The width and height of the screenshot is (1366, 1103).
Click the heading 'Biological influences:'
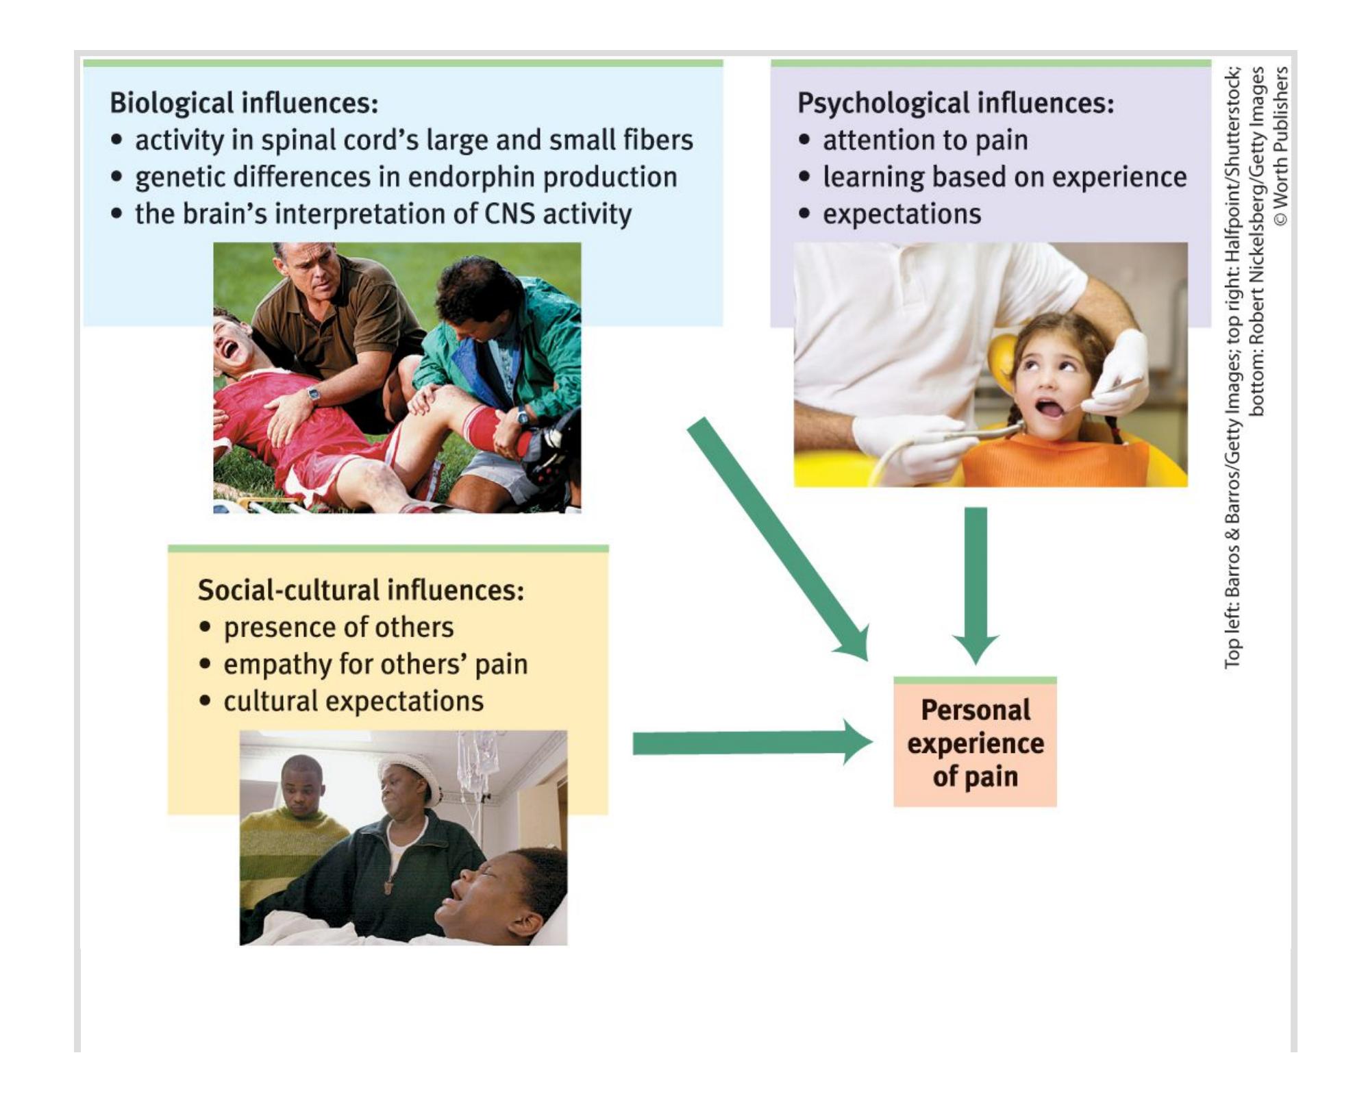(x=244, y=103)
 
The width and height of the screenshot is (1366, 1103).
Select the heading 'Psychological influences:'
(x=955, y=103)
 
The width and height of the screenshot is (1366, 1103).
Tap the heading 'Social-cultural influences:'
(x=361, y=590)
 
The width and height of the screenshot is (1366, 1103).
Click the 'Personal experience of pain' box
(x=974, y=743)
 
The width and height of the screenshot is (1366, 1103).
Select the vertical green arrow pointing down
(x=976, y=582)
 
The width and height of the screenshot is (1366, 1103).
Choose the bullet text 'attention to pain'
(x=925, y=140)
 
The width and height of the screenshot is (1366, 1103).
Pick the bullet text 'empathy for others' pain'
(x=375, y=665)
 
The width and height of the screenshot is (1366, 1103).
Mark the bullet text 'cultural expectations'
(x=353, y=702)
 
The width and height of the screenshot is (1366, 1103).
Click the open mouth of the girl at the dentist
(x=1050, y=408)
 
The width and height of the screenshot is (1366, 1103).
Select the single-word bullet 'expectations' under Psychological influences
(x=902, y=214)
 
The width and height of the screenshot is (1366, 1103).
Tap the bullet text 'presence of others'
(x=338, y=628)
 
